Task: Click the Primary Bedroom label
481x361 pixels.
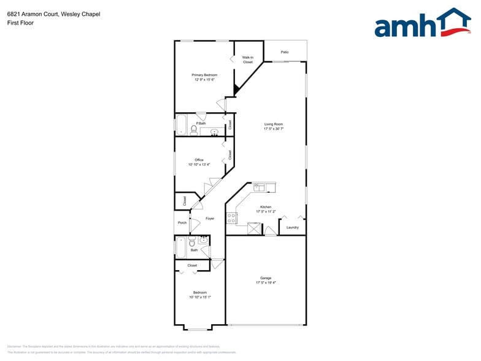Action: [x=204, y=75]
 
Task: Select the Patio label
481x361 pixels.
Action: [x=285, y=52]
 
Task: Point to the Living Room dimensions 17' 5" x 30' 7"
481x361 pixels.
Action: [x=274, y=129]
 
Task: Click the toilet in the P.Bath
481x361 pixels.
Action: [x=194, y=130]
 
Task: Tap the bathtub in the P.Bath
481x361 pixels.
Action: [x=182, y=125]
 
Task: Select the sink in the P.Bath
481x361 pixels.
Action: [x=215, y=132]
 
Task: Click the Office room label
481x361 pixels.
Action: [x=199, y=160]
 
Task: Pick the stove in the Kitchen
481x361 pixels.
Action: [x=231, y=217]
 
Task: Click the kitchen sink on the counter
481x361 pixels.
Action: [x=265, y=187]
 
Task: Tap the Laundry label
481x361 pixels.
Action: [x=293, y=227]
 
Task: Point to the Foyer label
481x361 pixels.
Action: [x=210, y=219]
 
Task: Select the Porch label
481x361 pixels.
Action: [x=182, y=222]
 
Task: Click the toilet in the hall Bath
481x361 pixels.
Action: [x=192, y=243]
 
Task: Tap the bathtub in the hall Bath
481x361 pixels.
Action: [x=181, y=248]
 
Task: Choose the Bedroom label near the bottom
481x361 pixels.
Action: [x=200, y=292]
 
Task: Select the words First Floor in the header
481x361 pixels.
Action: [x=20, y=23]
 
